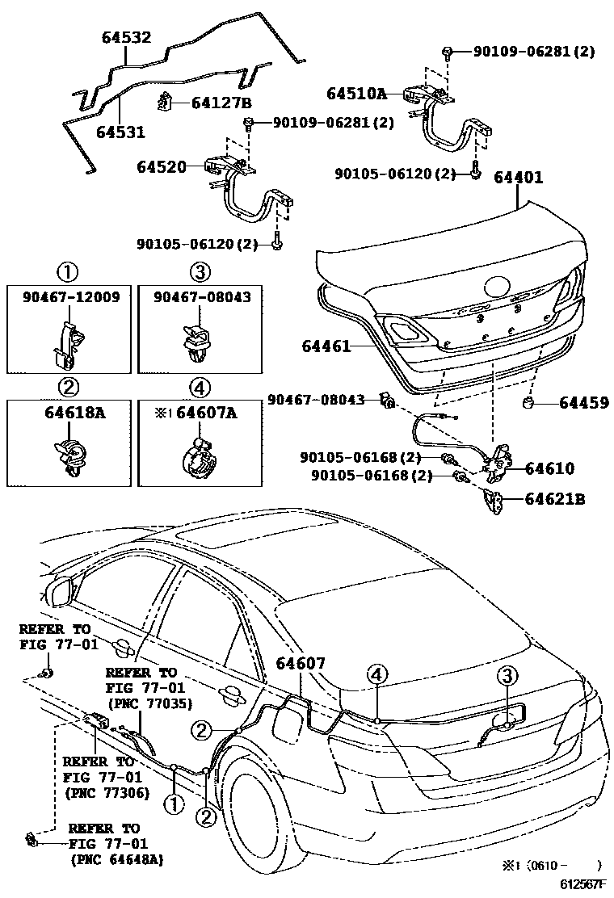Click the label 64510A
[356, 94]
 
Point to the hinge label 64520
[161, 167]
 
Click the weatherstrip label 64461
[326, 346]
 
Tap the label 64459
[581, 403]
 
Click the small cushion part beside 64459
[529, 402]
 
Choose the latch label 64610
[549, 468]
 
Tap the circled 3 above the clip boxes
[200, 270]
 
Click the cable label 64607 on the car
[301, 663]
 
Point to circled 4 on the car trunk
[377, 673]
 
